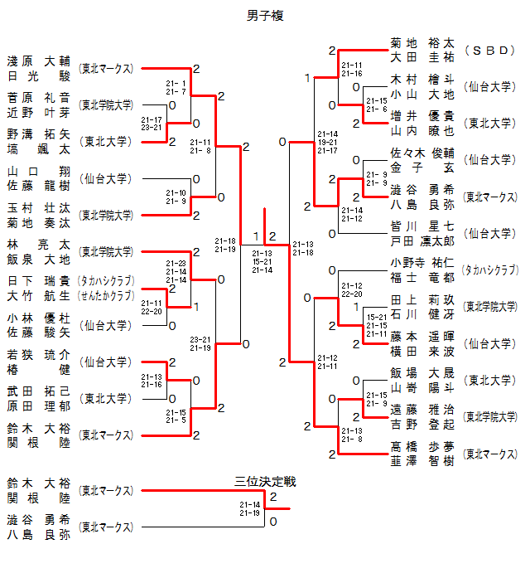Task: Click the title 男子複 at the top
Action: point(266,15)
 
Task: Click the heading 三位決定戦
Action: point(265,481)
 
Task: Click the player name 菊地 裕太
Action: point(422,43)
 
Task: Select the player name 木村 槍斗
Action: point(422,80)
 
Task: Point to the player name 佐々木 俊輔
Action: point(422,153)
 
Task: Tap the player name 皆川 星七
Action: point(422,226)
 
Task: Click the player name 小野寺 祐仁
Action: point(422,262)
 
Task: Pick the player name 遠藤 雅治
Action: point(422,409)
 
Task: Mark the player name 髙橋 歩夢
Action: point(422,446)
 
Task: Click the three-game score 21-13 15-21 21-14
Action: point(263,261)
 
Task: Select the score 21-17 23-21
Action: point(152,124)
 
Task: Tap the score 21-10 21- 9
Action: point(176,197)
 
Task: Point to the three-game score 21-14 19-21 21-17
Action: point(328,142)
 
